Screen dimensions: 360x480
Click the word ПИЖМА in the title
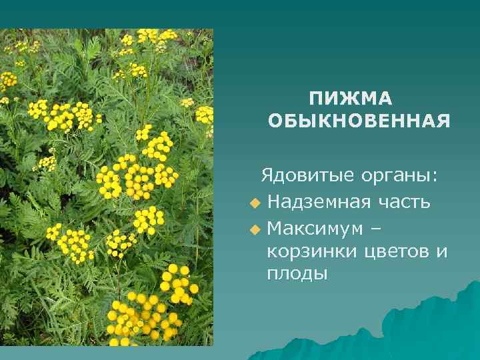coord(351,99)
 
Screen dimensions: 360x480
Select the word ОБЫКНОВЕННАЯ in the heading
coord(359,121)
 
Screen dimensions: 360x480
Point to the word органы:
coord(399,176)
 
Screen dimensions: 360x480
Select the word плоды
coord(297,274)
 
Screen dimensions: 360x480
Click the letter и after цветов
coord(441,252)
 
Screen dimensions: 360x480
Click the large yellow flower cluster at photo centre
coord(137,177)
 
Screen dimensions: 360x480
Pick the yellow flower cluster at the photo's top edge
coord(153,37)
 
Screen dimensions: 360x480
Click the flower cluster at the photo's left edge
coord(8,80)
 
